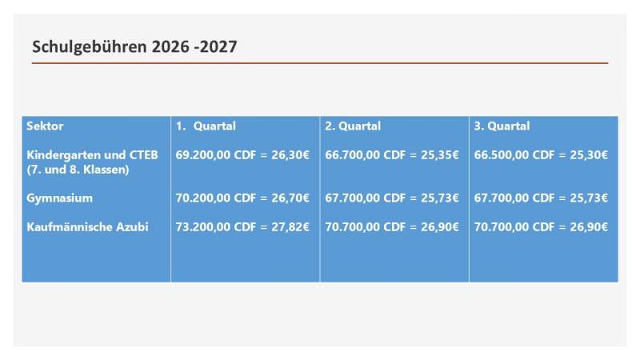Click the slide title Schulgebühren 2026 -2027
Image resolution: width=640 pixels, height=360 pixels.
click(x=134, y=47)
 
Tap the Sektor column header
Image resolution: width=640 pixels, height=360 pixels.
click(x=45, y=126)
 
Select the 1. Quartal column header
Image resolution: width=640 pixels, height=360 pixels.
click(x=206, y=126)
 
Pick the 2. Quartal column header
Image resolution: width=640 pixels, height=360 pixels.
click(x=353, y=126)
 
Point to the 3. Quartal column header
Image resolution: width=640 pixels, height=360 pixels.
click(x=502, y=126)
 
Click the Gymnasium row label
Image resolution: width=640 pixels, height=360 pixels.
click(x=59, y=198)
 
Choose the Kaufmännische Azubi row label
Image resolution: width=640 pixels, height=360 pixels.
click(x=87, y=227)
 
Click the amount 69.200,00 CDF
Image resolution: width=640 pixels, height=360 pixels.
click(x=216, y=155)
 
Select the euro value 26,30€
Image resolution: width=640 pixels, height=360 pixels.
click(x=290, y=155)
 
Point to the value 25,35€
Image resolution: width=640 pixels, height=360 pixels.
click(x=439, y=155)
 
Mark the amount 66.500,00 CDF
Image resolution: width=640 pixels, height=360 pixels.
click(x=514, y=155)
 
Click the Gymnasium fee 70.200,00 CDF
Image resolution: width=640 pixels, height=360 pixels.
click(x=216, y=198)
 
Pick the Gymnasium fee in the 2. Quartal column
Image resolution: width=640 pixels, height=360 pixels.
click(x=392, y=198)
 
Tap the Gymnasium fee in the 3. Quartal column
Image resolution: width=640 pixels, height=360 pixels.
click(x=541, y=198)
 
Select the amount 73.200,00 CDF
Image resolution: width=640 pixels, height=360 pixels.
click(x=216, y=227)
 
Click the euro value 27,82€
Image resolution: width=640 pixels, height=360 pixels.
click(x=290, y=227)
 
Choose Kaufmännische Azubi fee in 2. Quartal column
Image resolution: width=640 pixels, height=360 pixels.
click(x=392, y=227)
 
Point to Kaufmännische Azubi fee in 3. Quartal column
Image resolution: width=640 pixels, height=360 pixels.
click(x=541, y=227)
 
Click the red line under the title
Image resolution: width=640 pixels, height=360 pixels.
click(x=320, y=63)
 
